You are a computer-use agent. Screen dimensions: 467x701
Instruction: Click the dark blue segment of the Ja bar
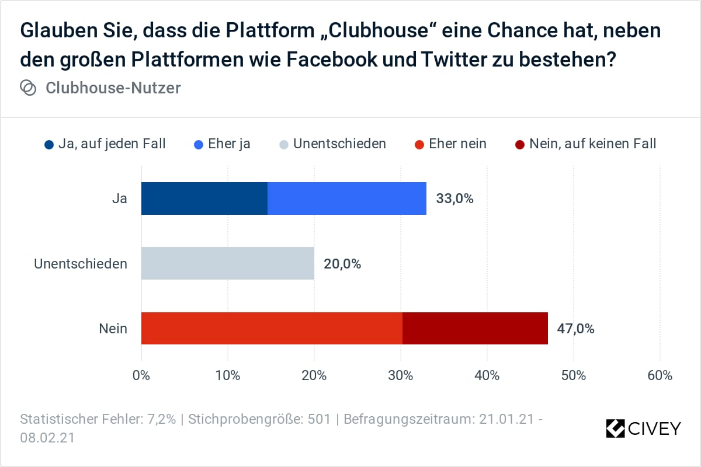[204, 198]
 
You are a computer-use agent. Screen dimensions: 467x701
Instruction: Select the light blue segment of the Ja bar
[347, 198]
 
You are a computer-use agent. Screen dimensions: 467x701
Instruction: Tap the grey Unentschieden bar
[228, 263]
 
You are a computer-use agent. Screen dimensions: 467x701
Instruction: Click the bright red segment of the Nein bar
[272, 328]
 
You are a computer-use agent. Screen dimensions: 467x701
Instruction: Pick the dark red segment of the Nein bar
[475, 328]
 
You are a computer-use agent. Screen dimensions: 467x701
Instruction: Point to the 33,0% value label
[454, 198]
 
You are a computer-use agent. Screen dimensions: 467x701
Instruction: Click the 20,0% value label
[342, 264]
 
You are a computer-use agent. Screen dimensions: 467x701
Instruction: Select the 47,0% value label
[575, 329]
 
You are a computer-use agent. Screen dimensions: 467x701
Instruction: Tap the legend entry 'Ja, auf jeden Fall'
[105, 143]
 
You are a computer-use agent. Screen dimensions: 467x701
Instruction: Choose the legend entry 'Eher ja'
[223, 143]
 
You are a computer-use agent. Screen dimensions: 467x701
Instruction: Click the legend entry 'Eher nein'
[450, 143]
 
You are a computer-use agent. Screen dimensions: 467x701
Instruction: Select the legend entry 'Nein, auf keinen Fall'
[586, 143]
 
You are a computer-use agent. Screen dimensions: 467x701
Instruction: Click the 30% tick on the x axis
[401, 375]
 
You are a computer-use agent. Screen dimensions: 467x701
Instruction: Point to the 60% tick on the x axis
[660, 375]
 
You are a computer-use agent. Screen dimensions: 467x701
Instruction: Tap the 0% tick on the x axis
[141, 375]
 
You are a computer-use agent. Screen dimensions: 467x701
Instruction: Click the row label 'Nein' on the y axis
[113, 329]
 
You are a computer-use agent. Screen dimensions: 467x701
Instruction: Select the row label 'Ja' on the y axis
[119, 198]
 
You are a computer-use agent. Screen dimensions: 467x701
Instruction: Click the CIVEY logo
[643, 428]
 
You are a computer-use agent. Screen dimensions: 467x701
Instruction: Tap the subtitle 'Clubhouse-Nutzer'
[113, 88]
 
